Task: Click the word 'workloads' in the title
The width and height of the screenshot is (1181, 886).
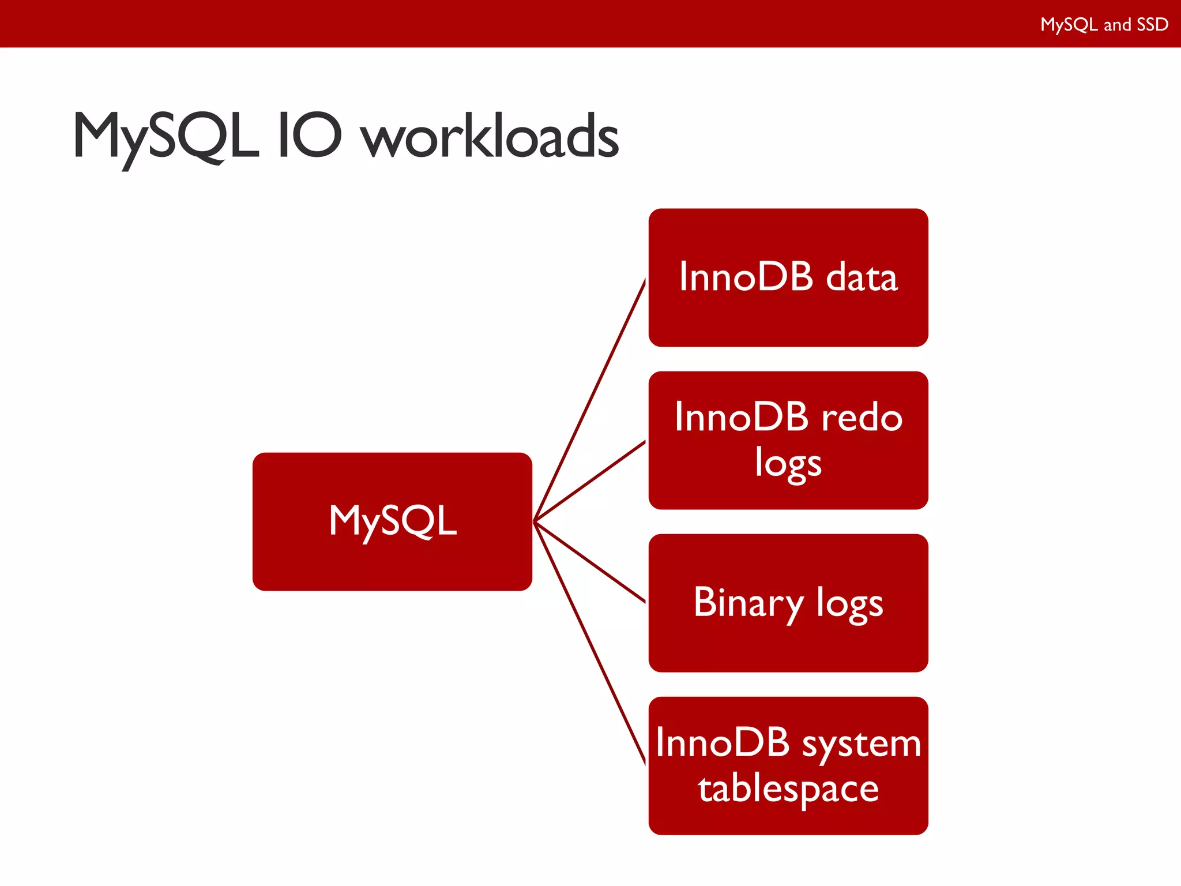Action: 490,137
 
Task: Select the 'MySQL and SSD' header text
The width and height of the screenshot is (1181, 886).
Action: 1104,24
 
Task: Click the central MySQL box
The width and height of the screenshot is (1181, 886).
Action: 392,521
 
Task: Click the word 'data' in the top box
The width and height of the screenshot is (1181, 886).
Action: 862,277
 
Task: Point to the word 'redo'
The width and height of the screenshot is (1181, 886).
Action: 862,417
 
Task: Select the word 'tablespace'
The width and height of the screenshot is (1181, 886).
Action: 788,789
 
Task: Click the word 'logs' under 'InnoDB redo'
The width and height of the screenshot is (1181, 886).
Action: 788,464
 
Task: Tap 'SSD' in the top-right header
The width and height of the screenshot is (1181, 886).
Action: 1152,24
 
